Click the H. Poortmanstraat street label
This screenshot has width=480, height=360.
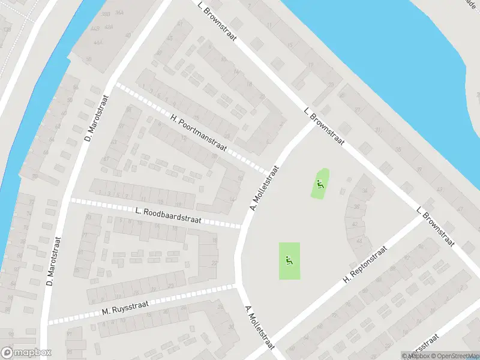pyautogui.click(x=199, y=133)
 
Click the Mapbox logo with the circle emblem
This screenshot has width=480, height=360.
pyautogui.click(x=26, y=353)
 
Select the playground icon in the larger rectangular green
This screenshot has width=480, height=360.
pyautogui.click(x=289, y=260)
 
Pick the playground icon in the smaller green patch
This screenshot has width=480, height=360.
pyautogui.click(x=320, y=184)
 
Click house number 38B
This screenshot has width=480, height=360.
pyautogui.click(x=105, y=13)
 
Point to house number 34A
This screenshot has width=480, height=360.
pyautogui.click(x=119, y=12)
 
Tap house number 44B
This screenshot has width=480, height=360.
pyautogui.click(x=95, y=28)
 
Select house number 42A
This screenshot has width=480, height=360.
pyautogui.click(x=109, y=27)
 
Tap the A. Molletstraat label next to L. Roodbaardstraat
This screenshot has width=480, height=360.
pyautogui.click(x=265, y=188)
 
